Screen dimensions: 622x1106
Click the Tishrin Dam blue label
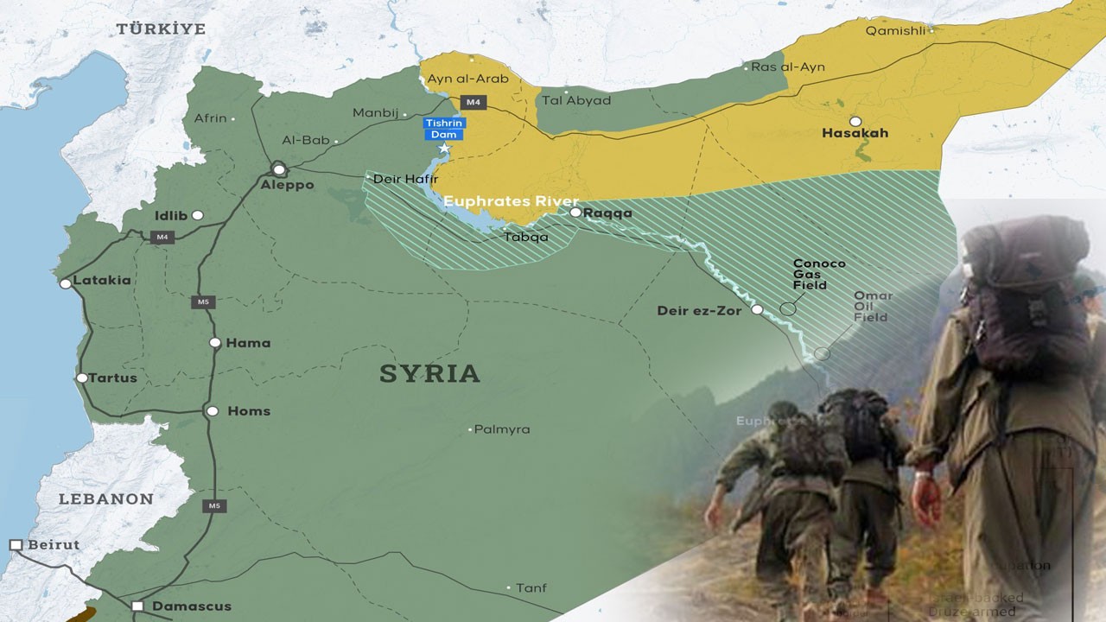click(x=443, y=129)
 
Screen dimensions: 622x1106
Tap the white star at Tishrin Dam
click(x=444, y=149)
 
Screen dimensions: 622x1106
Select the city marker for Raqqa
click(x=575, y=212)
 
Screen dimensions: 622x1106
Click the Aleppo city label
click(x=289, y=185)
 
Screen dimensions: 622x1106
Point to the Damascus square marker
click(x=137, y=606)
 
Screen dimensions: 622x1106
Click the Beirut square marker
click(x=16, y=545)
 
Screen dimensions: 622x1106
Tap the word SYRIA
click(x=429, y=374)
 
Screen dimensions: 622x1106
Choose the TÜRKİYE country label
click(x=162, y=29)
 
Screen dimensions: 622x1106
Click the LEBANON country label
click(x=105, y=499)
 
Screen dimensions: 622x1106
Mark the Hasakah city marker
click(x=855, y=122)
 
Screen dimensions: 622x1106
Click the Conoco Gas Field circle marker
click(x=787, y=308)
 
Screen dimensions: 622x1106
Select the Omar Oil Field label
click(x=872, y=306)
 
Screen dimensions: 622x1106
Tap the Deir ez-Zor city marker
click(x=757, y=309)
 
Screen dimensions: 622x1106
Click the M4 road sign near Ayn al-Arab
click(x=473, y=102)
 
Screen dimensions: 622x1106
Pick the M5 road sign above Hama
click(x=203, y=302)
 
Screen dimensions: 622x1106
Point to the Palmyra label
click(x=502, y=429)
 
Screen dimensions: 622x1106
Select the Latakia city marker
click(x=66, y=283)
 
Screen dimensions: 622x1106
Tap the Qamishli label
click(x=895, y=30)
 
